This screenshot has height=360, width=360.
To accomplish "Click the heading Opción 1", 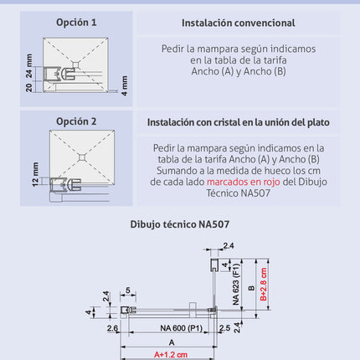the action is (76, 23).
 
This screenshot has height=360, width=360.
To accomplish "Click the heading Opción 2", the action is (76, 121).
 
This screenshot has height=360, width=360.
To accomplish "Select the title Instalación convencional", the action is (238, 23).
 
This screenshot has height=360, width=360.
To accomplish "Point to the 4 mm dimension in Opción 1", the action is (125, 85).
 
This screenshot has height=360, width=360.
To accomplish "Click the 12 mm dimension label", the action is (35, 174).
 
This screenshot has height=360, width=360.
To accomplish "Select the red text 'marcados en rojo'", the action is (244, 182).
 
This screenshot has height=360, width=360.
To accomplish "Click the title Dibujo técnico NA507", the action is (180, 224).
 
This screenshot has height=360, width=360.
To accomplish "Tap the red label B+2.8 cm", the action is (264, 284).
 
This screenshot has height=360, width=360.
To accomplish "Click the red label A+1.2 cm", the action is (171, 355).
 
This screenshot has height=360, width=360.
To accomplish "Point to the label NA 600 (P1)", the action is (181, 328).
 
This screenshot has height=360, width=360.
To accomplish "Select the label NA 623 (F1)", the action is (236, 285).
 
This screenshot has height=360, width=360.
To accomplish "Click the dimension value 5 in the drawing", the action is (128, 291).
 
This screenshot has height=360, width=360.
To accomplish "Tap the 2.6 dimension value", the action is (112, 328).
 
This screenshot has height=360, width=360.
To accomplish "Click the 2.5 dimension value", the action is (224, 328).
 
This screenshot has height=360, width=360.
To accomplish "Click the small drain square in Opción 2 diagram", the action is (82, 157).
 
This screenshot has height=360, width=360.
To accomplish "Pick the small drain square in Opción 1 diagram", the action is (75, 65).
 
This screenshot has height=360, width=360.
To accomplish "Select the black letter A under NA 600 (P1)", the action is (172, 342).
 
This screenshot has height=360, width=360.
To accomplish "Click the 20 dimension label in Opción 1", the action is (29, 87).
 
